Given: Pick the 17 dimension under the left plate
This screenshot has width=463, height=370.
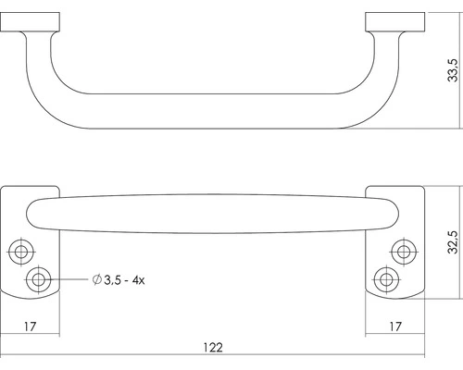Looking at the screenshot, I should tap(31, 326).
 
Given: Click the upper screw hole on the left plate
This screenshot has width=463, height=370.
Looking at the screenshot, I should tap(19, 251).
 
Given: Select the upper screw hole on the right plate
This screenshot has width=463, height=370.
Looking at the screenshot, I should tap(403, 251).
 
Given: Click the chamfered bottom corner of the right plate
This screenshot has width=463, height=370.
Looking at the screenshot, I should tap(372, 297).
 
